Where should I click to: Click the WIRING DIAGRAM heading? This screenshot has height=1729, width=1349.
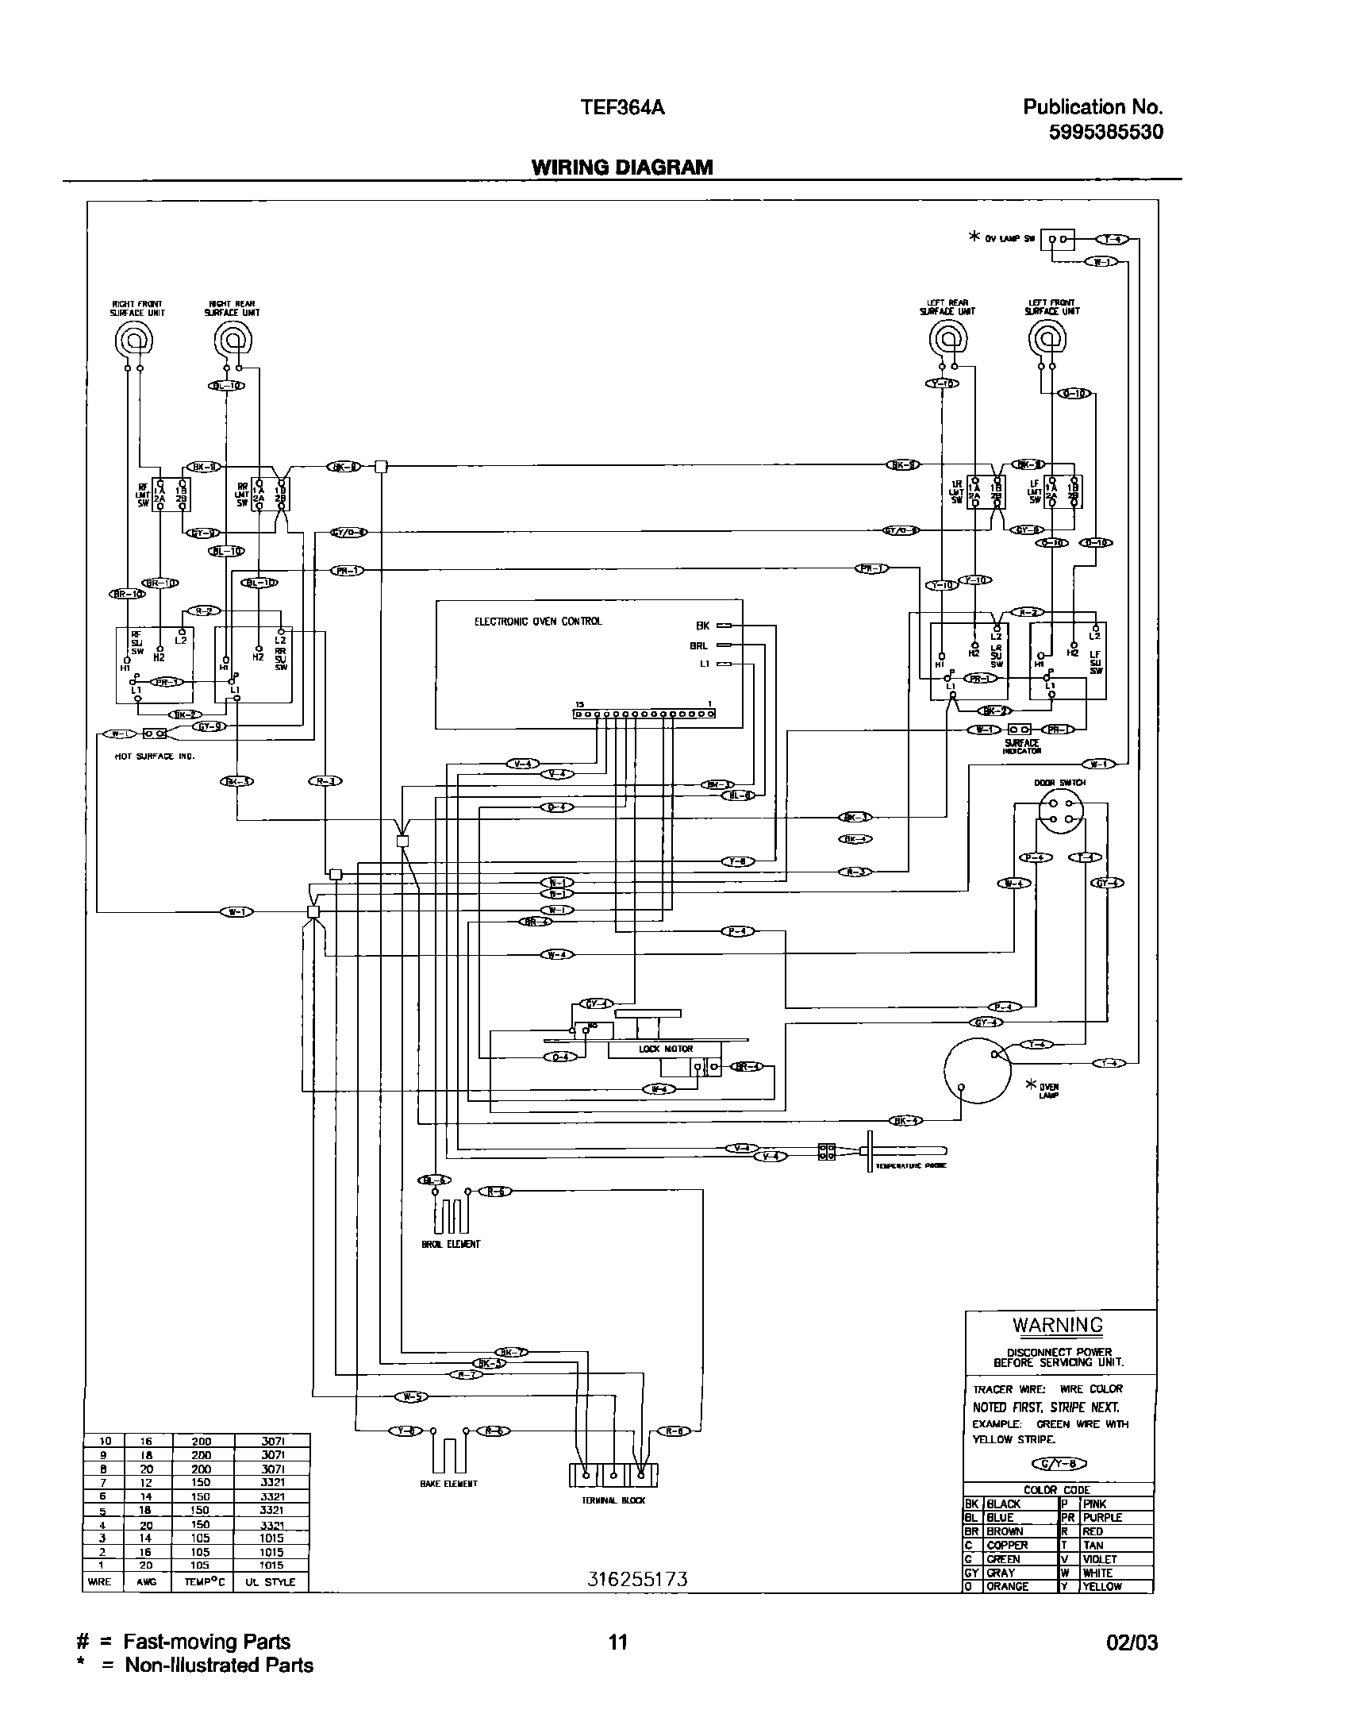621,168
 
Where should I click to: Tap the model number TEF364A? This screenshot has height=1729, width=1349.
623,108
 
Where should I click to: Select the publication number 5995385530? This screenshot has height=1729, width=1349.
1105,132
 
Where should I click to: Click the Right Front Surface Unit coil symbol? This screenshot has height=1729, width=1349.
134,342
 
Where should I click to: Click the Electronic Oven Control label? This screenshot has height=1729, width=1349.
538,622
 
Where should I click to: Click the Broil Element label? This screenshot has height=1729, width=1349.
451,1244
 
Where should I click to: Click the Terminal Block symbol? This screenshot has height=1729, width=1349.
613,1475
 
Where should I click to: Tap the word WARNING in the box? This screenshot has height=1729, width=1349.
1058,1325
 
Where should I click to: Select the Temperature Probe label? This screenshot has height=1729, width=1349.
910,1166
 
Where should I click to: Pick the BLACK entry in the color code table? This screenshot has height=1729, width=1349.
1003,1504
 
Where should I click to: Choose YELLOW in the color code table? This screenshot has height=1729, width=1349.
1102,1586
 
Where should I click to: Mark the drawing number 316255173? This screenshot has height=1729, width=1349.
637,1580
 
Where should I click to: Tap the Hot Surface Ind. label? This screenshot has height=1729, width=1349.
155,757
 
